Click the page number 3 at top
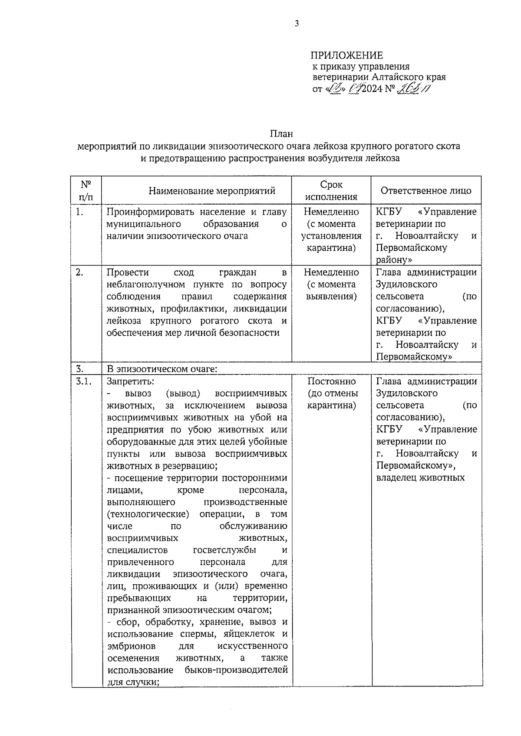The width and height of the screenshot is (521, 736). (297, 24)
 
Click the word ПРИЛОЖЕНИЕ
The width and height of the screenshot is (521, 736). (346, 55)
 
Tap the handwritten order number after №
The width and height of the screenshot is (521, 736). (415, 89)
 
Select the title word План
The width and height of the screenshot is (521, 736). (281, 134)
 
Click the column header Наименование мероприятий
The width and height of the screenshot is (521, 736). (212, 191)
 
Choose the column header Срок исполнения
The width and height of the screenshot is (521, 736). (331, 191)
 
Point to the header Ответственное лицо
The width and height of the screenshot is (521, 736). (425, 191)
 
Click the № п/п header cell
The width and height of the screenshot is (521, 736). (86, 191)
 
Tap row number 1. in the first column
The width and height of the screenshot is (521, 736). (79, 212)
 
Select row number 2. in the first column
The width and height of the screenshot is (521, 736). (79, 272)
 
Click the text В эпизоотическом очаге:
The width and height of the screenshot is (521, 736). (162, 370)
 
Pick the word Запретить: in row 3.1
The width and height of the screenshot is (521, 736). (130, 382)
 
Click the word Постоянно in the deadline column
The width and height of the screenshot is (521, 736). (331, 382)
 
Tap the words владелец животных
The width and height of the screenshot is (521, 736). (420, 478)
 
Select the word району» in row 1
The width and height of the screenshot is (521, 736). (394, 260)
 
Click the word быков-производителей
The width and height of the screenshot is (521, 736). (236, 670)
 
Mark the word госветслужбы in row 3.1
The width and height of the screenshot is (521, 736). (224, 550)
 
